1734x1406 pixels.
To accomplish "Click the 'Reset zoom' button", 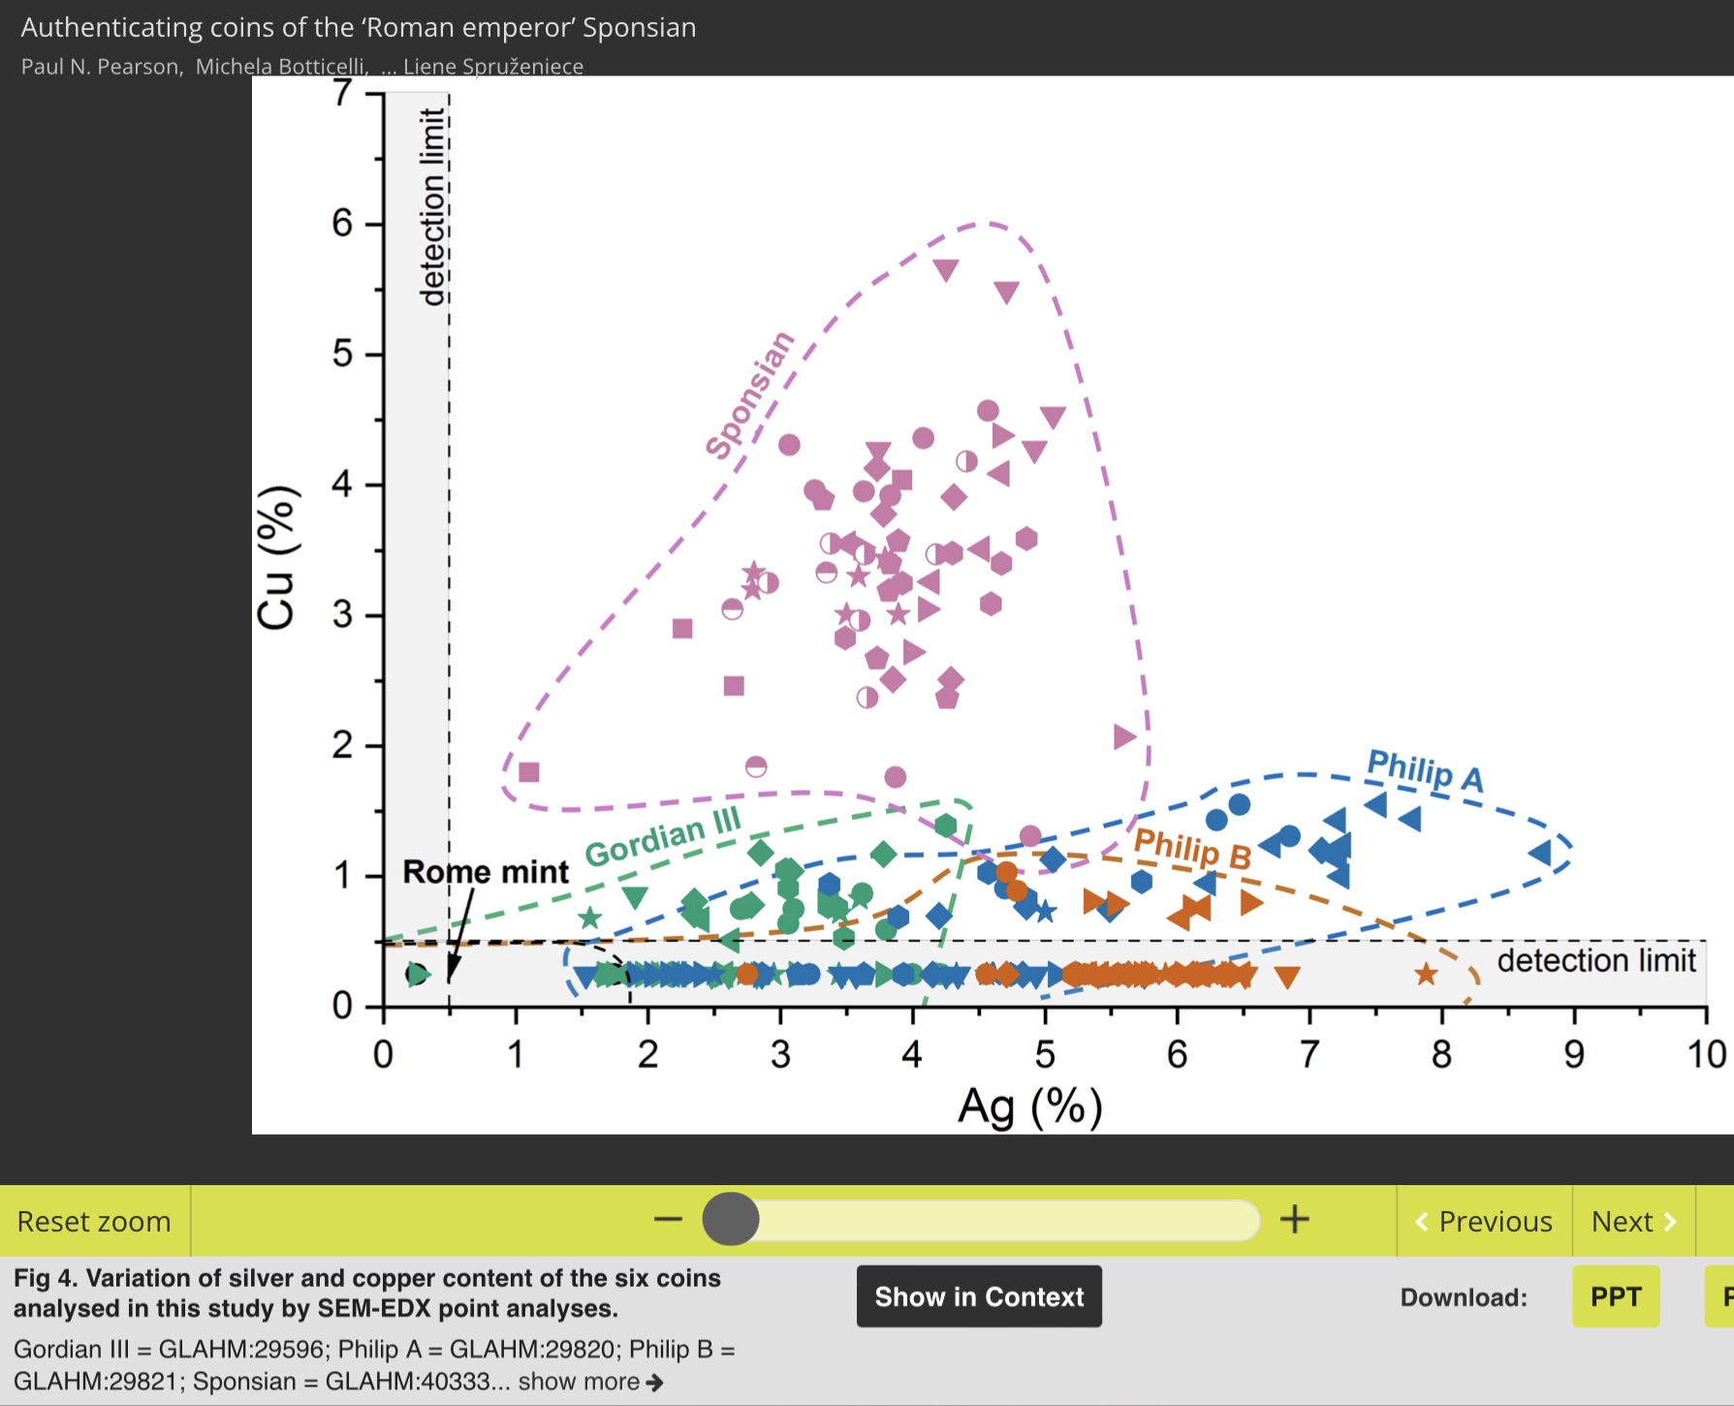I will point(94,1221).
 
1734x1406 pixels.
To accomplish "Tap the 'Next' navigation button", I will point(1633,1221).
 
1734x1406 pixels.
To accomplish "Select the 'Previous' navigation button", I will point(1484,1221).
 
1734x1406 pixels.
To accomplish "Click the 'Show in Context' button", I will point(979,1297).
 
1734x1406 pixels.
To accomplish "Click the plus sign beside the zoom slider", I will point(1295,1219).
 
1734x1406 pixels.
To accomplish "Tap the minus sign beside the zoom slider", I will point(668,1219).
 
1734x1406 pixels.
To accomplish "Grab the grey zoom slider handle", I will point(731,1219).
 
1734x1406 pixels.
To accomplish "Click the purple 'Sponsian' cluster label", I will point(749,394).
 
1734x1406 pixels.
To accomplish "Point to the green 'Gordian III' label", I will point(663,838).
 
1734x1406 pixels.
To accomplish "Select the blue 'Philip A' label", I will point(1424,770).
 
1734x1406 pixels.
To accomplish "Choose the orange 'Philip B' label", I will point(1192,849).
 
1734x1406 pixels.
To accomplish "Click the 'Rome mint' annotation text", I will point(486,872).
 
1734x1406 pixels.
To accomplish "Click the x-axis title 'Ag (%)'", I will point(1030,1107).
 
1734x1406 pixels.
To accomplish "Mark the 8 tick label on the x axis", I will point(1441,1054).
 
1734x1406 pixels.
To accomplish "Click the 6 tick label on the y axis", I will point(342,224).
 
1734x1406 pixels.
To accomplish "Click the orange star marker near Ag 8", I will point(1426,975).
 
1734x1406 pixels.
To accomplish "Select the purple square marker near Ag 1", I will point(529,772).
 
